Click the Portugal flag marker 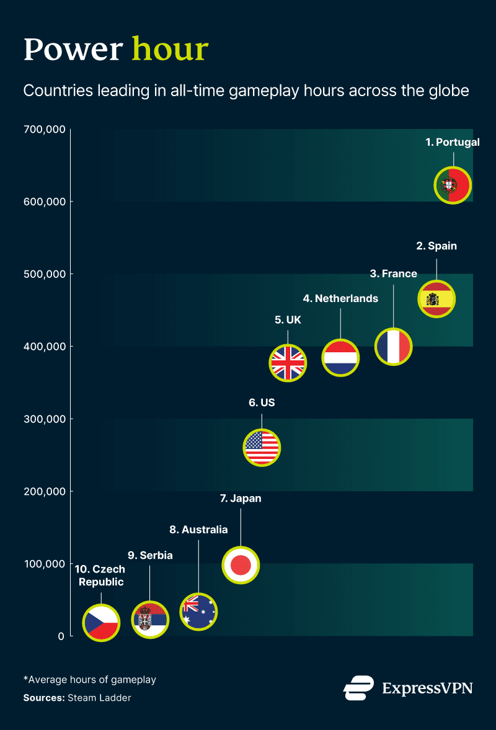pyautogui.click(x=453, y=185)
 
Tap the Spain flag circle pyautogui.click(x=436, y=299)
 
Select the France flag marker pyautogui.click(x=393, y=346)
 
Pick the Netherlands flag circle pyautogui.click(x=340, y=357)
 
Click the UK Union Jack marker pyautogui.click(x=288, y=363)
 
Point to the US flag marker pyautogui.click(x=262, y=447)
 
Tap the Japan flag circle pyautogui.click(x=240, y=565)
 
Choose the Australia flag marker pyautogui.click(x=198, y=612)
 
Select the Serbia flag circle pyautogui.click(x=149, y=620)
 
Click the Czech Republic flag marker pyautogui.click(x=101, y=622)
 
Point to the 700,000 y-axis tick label pyautogui.click(x=43, y=130)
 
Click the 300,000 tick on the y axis pyautogui.click(x=43, y=419)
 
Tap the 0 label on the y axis pyautogui.click(x=61, y=636)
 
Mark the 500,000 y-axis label pyautogui.click(x=43, y=274)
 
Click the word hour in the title pyautogui.click(x=170, y=49)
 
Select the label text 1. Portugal pyautogui.click(x=452, y=142)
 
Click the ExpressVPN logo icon pyautogui.click(x=358, y=688)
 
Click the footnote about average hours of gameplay pyautogui.click(x=90, y=679)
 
